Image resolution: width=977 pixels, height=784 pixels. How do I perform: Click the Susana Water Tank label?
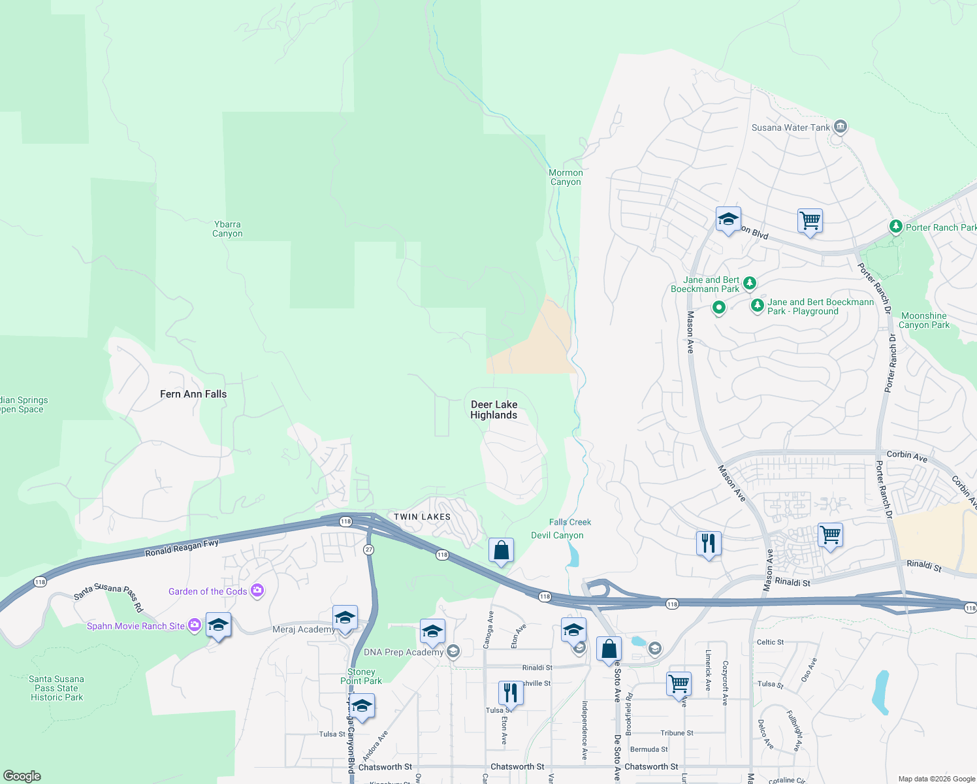tap(790, 127)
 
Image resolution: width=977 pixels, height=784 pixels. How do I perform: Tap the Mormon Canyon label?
tap(566, 177)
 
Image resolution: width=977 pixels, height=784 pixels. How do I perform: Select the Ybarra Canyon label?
tap(227, 229)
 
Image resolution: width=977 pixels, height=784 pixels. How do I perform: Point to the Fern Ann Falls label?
tap(193, 394)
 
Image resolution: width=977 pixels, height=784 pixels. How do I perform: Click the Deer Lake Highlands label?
tap(494, 410)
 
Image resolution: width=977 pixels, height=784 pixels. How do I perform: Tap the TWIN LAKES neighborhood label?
tap(422, 517)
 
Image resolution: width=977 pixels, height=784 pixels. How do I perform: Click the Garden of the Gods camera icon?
tap(257, 591)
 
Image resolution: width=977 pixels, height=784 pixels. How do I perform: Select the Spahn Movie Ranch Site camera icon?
tap(194, 625)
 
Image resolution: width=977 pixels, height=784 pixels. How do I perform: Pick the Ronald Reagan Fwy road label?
tap(182, 547)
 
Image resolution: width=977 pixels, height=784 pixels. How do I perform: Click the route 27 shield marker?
tap(369, 549)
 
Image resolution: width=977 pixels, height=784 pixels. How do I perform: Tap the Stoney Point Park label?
tap(361, 676)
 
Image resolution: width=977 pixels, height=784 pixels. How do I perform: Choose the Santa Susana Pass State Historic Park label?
tap(57, 688)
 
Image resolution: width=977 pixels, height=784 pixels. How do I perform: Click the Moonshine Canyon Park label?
tap(923, 320)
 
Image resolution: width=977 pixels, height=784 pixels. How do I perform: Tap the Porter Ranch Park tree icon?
tap(896, 227)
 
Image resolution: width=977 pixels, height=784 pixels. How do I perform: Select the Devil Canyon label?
tap(557, 535)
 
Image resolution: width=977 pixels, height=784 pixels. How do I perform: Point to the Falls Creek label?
tap(570, 522)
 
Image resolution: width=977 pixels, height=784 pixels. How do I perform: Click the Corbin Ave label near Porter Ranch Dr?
tap(906, 456)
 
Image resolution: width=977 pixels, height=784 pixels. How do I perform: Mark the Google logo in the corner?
tap(22, 776)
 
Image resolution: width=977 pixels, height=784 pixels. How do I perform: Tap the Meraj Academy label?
tap(303, 629)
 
